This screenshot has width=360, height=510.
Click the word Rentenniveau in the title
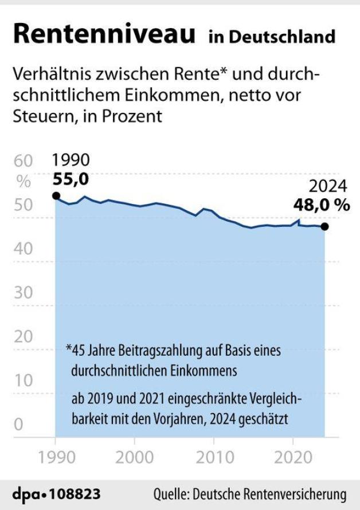tap(105, 34)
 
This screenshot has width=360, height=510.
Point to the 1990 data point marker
tap(56, 196)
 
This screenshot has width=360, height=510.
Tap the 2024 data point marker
tap(325, 226)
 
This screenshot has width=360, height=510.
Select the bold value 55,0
tap(71, 179)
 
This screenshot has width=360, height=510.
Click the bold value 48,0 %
tap(322, 205)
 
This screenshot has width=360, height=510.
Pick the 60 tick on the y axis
tap(23, 162)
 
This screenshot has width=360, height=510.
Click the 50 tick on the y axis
tap(23, 205)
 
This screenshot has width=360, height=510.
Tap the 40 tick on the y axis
tap(23, 249)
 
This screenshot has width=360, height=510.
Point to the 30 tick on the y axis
tap(23, 292)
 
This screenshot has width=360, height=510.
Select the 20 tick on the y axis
tap(23, 336)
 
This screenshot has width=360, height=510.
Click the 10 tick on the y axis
tap(23, 380)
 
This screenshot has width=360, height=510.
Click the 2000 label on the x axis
tap(134, 458)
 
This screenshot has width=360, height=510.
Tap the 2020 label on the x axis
tap(292, 458)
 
